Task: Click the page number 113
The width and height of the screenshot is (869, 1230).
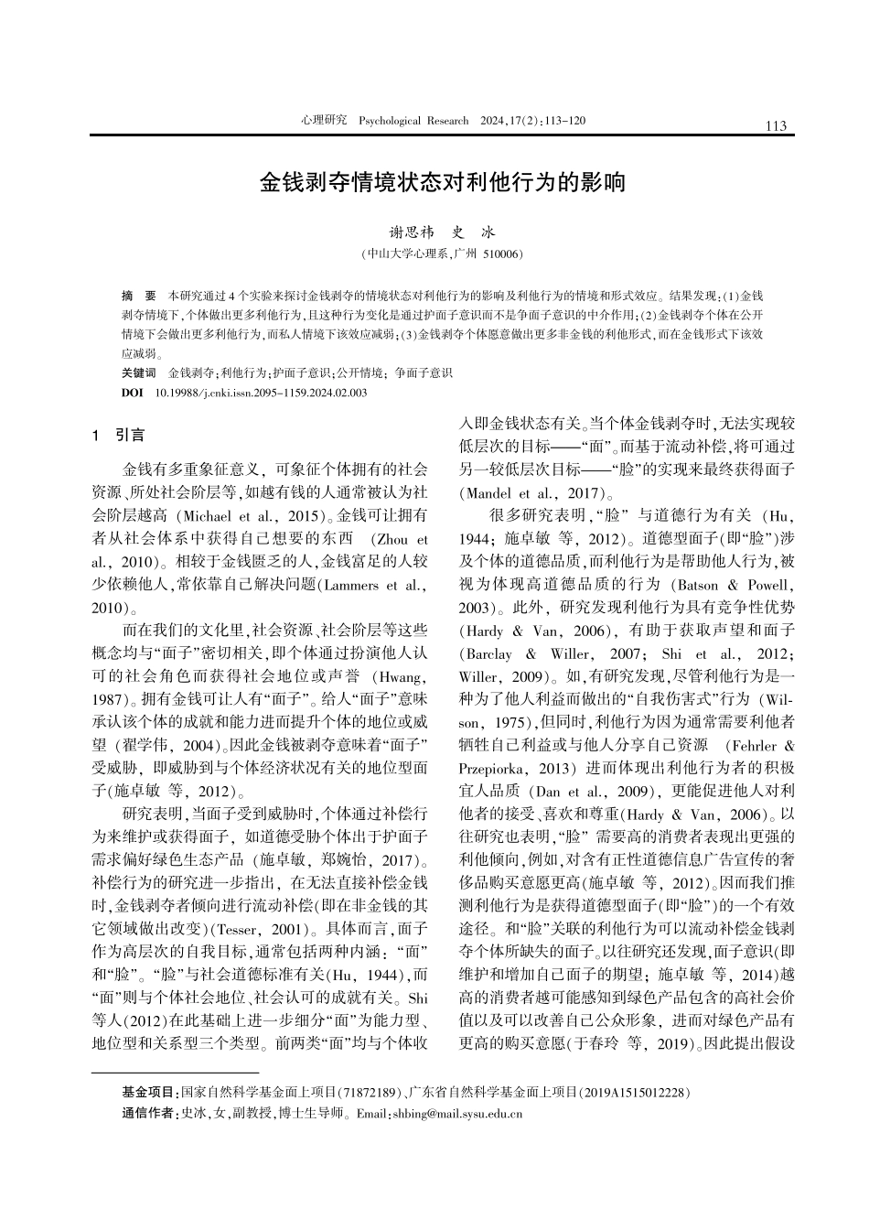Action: point(776,126)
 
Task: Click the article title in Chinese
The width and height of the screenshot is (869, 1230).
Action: point(443,181)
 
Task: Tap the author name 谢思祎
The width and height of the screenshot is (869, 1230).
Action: point(411,233)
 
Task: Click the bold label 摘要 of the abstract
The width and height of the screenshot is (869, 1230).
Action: point(139,297)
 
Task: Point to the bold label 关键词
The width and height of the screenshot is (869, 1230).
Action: point(139,373)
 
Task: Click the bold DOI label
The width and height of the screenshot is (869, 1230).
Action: point(132,393)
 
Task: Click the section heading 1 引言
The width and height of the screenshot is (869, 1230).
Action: point(119,436)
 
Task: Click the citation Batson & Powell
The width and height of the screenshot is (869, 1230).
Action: point(733,584)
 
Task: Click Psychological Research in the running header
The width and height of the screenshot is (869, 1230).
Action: point(413,121)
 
